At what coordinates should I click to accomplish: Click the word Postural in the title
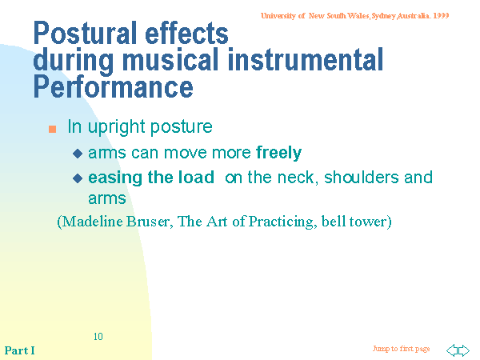pyautogui.click(x=85, y=33)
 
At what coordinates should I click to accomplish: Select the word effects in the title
pyautogui.click(x=186, y=33)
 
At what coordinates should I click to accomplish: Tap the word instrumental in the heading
pyautogui.click(x=306, y=59)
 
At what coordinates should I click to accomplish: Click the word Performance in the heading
pyautogui.click(x=114, y=86)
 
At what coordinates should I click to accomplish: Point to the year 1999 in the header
pyautogui.click(x=441, y=16)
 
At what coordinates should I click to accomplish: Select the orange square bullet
pyautogui.click(x=52, y=129)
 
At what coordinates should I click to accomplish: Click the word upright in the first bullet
pyautogui.click(x=116, y=127)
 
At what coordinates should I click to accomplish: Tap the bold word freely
pyautogui.click(x=279, y=153)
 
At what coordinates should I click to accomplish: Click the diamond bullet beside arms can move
pyautogui.click(x=78, y=154)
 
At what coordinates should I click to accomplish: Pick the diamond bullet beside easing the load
pyautogui.click(x=78, y=178)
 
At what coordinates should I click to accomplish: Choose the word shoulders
pyautogui.click(x=362, y=178)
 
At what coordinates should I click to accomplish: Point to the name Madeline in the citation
pyautogui.click(x=93, y=222)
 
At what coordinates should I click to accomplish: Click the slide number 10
pyautogui.click(x=98, y=337)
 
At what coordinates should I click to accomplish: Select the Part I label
pyautogui.click(x=19, y=350)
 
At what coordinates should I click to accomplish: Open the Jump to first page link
pyautogui.click(x=401, y=349)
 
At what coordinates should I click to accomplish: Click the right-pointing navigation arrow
pyautogui.click(x=464, y=350)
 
